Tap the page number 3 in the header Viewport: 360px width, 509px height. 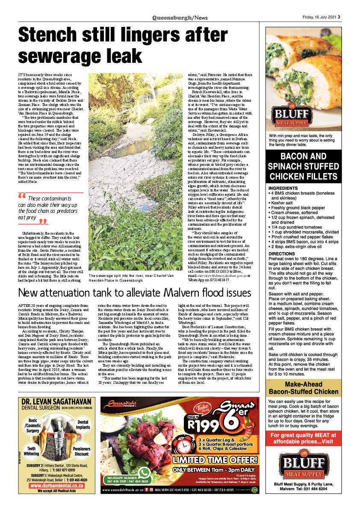tap(338, 18)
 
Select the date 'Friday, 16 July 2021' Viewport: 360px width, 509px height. tap(316, 18)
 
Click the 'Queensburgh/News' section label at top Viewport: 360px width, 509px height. tap(180, 18)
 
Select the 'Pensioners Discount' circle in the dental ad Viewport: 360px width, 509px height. tap(81, 451)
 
